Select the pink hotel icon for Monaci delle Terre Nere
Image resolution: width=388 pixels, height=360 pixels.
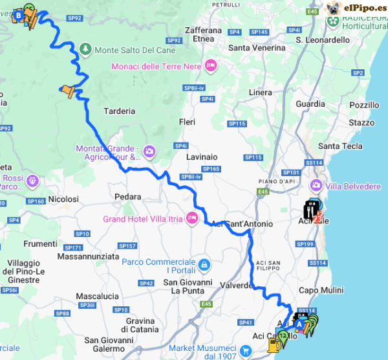(x=210, y=65)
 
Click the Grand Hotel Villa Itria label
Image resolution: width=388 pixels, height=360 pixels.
(x=142, y=219)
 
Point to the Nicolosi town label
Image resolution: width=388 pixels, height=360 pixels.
(x=63, y=199)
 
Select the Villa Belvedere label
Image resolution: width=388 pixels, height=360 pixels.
(x=354, y=187)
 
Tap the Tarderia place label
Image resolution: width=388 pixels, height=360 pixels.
(x=118, y=111)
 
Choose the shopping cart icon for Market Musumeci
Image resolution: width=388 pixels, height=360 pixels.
(x=245, y=351)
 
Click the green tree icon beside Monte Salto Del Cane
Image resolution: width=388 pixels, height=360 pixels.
(x=85, y=49)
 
